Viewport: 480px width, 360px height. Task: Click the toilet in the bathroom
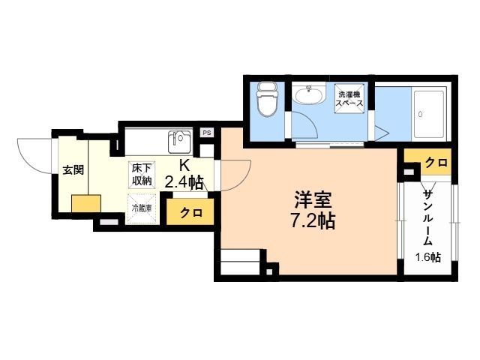click(x=266, y=100)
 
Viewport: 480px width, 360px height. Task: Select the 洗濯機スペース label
click(x=349, y=98)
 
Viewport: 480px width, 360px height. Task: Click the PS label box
click(x=206, y=133)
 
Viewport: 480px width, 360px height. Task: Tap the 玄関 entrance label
click(x=73, y=169)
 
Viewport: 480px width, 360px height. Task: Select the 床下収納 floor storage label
click(x=142, y=173)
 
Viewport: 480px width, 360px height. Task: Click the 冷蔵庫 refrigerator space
click(x=142, y=208)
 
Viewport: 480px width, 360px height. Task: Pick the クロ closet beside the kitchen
click(x=190, y=213)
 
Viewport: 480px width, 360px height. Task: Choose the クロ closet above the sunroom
click(x=436, y=163)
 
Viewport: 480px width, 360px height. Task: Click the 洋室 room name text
click(x=313, y=200)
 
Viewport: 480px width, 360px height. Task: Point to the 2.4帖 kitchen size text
click(x=184, y=181)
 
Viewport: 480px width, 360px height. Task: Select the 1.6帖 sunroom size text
click(x=428, y=257)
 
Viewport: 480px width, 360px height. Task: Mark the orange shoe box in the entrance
click(x=86, y=203)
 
